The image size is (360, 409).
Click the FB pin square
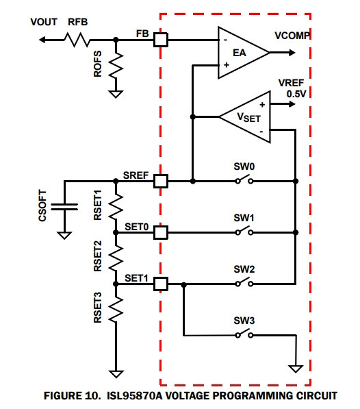click(x=160, y=40)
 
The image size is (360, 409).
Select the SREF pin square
click(x=160, y=181)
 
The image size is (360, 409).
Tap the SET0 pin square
click(x=160, y=232)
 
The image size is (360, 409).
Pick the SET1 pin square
click(x=160, y=284)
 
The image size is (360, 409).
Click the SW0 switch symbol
click(x=244, y=179)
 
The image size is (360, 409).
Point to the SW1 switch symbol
click(x=244, y=231)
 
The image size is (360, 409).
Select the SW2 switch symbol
click(x=244, y=282)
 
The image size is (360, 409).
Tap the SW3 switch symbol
click(x=244, y=334)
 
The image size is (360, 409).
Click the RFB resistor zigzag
click(x=77, y=40)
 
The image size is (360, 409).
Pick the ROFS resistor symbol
click(x=116, y=66)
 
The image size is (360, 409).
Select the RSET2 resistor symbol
click(x=116, y=258)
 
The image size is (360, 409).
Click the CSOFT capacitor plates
click(x=64, y=207)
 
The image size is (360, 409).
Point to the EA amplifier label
click(x=239, y=53)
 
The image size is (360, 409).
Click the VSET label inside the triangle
click(x=248, y=117)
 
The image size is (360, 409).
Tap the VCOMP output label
click(x=292, y=36)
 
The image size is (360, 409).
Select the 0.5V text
click(x=296, y=94)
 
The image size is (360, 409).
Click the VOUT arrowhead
click(x=42, y=40)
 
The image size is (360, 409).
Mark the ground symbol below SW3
click(x=296, y=369)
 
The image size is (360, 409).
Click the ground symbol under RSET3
click(x=116, y=374)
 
